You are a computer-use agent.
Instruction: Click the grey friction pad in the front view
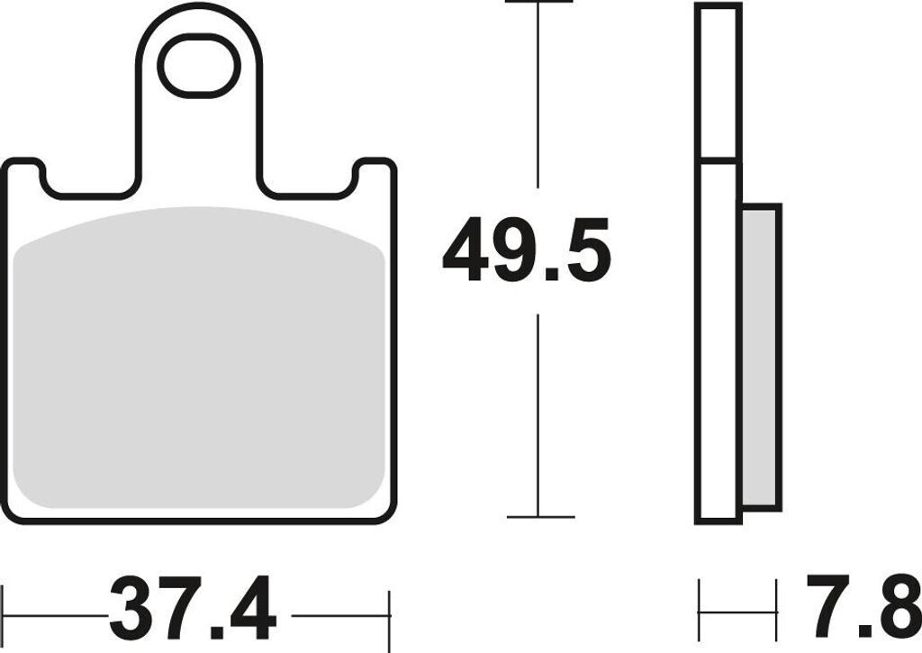click(x=201, y=360)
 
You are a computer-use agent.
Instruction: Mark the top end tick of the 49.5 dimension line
click(x=539, y=3)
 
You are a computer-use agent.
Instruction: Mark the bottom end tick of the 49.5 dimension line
click(x=539, y=517)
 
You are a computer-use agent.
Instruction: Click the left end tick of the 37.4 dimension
click(x=4, y=616)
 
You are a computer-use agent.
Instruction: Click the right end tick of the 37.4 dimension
click(x=389, y=616)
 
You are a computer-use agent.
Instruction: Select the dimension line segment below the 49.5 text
click(x=539, y=414)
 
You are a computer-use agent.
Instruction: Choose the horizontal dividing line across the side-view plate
click(x=719, y=162)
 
